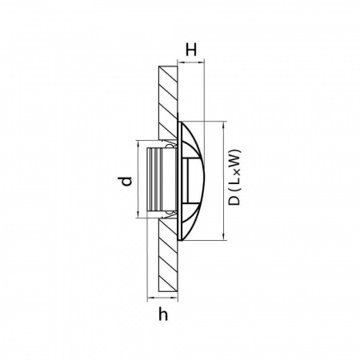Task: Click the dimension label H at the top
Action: click(x=191, y=50)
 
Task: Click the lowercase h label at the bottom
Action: click(x=163, y=314)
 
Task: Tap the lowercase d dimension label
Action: click(x=125, y=181)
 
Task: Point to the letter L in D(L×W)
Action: click(x=234, y=181)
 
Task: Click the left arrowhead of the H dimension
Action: click(x=181, y=62)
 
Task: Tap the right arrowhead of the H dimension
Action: click(x=201, y=62)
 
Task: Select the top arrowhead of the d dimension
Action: click(x=138, y=144)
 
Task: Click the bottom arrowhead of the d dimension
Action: click(x=138, y=214)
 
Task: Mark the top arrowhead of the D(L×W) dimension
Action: click(x=223, y=125)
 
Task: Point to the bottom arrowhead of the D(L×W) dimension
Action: click(x=223, y=237)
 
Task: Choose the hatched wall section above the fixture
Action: click(x=168, y=102)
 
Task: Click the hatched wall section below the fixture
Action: click(x=168, y=255)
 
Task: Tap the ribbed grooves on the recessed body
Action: click(x=154, y=179)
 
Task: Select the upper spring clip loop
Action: click(x=170, y=146)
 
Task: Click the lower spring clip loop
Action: click(x=170, y=213)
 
